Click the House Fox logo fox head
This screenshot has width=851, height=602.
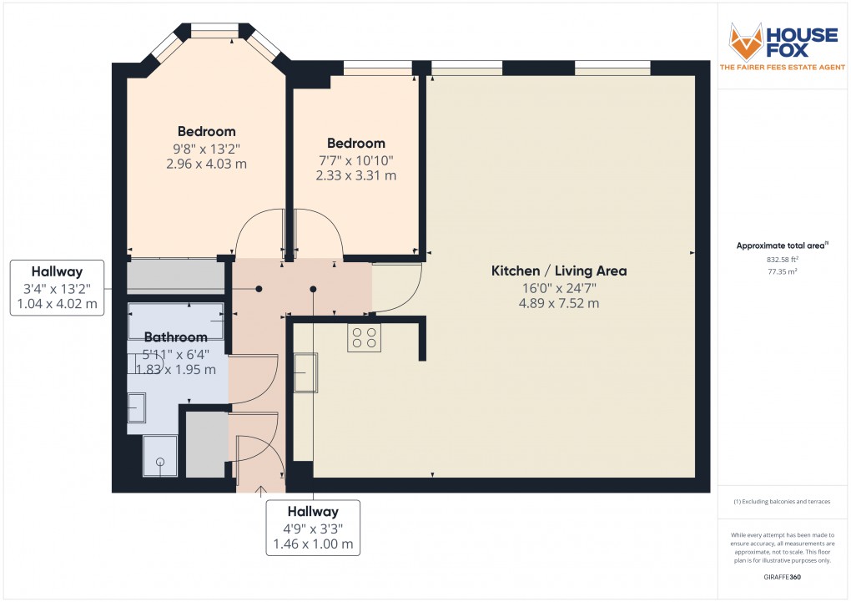(x=746, y=42)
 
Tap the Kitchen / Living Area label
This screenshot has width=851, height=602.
(x=558, y=271)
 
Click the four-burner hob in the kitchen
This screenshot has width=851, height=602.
(x=364, y=337)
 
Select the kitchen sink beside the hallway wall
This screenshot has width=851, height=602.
(x=305, y=372)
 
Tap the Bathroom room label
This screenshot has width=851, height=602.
(x=175, y=337)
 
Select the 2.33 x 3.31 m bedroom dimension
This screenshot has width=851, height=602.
(x=356, y=175)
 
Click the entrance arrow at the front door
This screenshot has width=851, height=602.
(x=261, y=489)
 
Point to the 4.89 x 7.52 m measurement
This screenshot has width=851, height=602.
(x=558, y=303)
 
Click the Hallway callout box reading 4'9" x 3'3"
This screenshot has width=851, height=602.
(x=313, y=528)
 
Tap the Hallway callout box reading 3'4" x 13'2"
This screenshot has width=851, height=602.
(x=57, y=288)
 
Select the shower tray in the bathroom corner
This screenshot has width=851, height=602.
(x=160, y=456)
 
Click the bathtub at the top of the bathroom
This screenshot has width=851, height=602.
(x=177, y=321)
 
